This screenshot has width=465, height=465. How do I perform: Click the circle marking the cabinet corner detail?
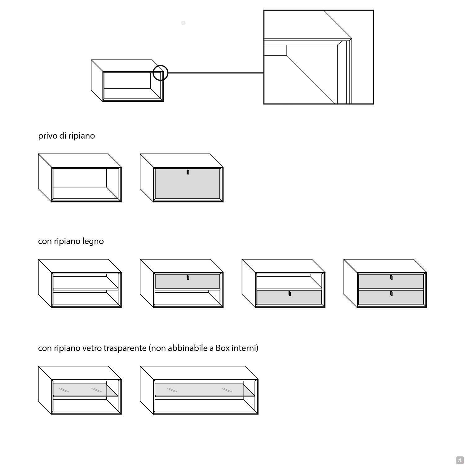pyautogui.click(x=161, y=73)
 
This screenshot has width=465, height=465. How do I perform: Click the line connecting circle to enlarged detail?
pyautogui.click(x=215, y=73)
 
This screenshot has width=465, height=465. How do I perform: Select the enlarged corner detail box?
pyautogui.click(x=318, y=57)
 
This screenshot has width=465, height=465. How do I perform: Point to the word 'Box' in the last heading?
pyautogui.click(x=222, y=348)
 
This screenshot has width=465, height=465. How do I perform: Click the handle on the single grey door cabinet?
pyautogui.click(x=188, y=172)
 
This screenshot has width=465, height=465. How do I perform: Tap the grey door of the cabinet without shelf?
pyautogui.click(x=187, y=186)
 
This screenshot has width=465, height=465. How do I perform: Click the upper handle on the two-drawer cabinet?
pyautogui.click(x=391, y=277)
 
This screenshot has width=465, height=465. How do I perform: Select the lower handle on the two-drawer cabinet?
pyautogui.click(x=391, y=294)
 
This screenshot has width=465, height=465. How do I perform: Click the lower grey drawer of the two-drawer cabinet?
pyautogui.click(x=391, y=298)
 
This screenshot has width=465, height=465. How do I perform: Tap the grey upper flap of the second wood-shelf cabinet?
pyautogui.click(x=187, y=282)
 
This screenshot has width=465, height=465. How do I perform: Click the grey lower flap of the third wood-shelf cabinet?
pyautogui.click(x=289, y=298)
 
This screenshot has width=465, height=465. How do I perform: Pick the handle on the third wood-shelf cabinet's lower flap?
pyautogui.click(x=290, y=294)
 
